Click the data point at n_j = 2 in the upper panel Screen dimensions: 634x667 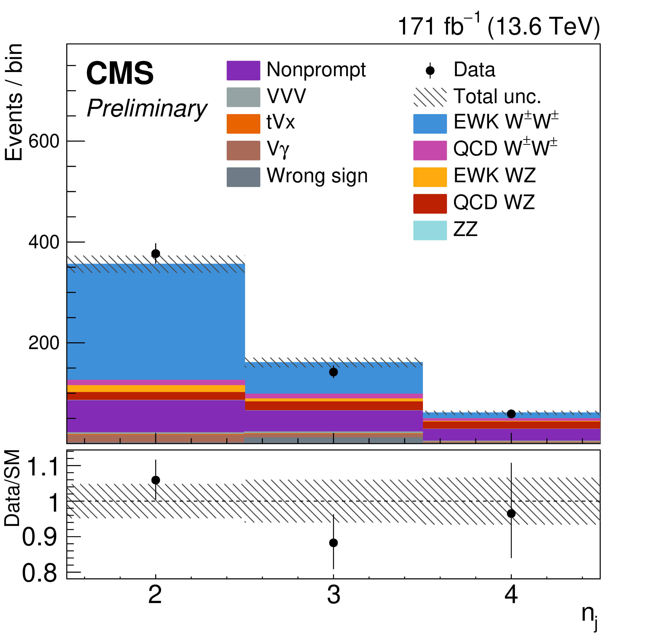click(x=155, y=253)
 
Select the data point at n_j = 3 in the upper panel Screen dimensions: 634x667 click(x=333, y=372)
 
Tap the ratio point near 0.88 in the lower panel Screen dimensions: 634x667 click(x=333, y=543)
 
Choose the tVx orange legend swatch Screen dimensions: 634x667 click(x=243, y=124)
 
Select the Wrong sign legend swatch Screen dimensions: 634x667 click(x=243, y=177)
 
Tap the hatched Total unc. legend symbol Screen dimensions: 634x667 click(x=430, y=97)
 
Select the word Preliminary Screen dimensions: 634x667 click(x=147, y=109)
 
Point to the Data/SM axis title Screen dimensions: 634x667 click(x=13, y=488)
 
